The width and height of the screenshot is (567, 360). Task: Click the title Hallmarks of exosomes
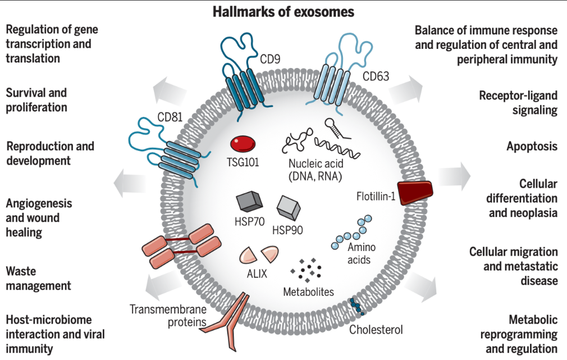click(283, 12)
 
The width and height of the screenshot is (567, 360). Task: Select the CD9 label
click(271, 58)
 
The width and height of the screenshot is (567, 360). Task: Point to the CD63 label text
click(376, 75)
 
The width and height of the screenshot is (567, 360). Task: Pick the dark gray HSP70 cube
click(248, 202)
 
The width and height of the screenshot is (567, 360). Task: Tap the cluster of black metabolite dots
click(307, 270)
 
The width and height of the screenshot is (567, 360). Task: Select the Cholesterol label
click(376, 329)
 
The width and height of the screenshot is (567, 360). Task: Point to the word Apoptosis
click(532, 147)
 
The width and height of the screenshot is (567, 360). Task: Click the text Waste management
click(38, 279)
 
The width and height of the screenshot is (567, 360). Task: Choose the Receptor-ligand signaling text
click(518, 102)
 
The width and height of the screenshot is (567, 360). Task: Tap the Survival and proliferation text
click(36, 99)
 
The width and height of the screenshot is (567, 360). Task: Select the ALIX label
click(257, 275)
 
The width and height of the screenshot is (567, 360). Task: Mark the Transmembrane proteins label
click(168, 316)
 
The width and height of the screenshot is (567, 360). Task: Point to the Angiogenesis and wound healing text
click(39, 217)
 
